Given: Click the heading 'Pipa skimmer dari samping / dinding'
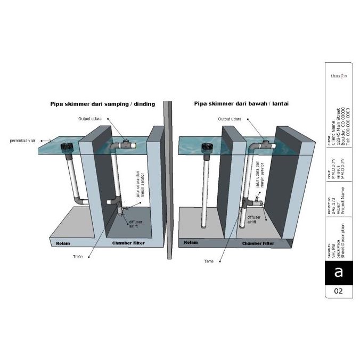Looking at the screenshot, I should pos(102,104).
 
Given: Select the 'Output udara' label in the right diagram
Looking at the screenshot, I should pos(230,119).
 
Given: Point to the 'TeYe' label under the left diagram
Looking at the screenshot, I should pos(77,257).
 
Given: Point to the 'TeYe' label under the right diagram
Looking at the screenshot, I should pos(209,261).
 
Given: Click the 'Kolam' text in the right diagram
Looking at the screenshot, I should pos(191,243).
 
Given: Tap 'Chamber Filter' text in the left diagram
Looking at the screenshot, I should pos(128,243).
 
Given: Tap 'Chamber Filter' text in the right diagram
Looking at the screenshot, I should pos(258,243).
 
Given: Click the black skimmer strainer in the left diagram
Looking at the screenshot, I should pos(67,149).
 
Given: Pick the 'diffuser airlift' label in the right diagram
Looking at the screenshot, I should pos(254,219).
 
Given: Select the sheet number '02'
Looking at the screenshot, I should pos(338,291).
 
